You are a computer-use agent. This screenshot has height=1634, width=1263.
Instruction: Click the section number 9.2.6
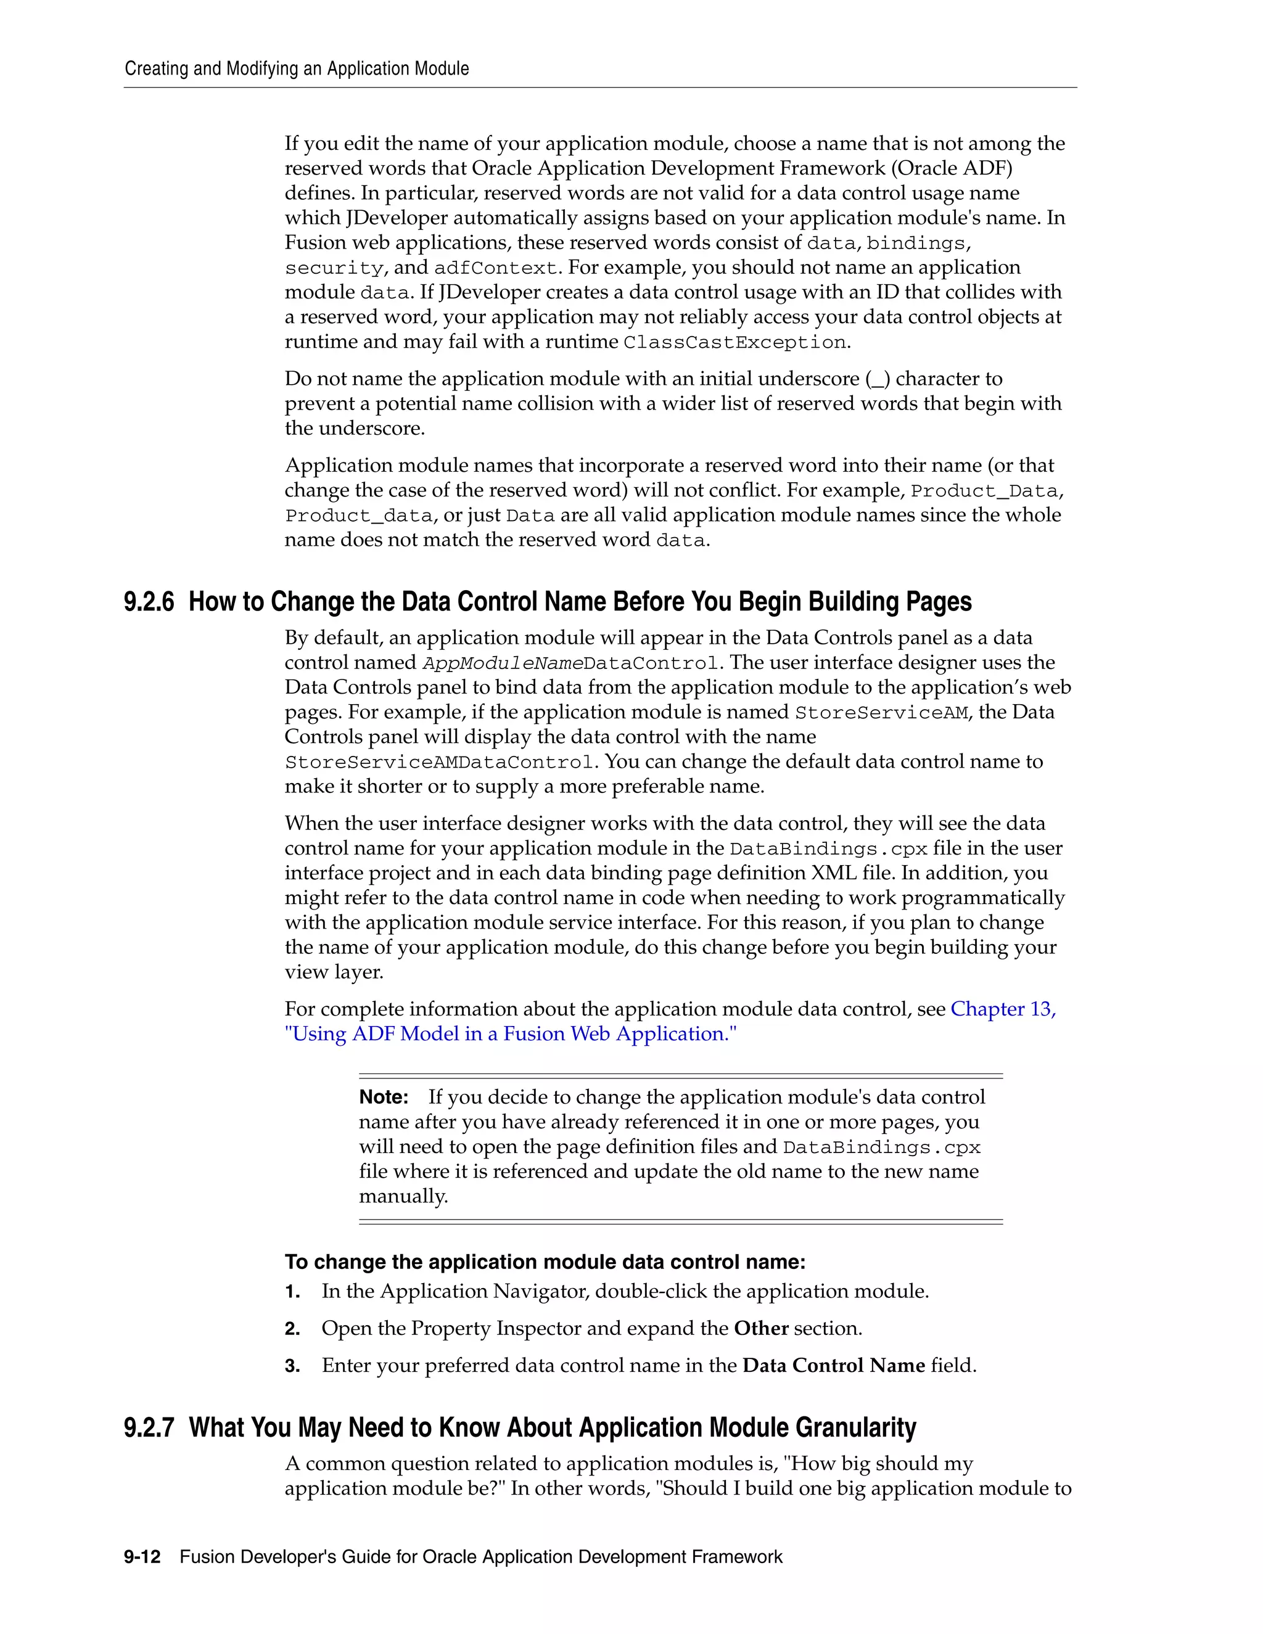coord(148,602)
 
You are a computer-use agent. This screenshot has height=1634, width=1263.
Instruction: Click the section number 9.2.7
coord(148,1427)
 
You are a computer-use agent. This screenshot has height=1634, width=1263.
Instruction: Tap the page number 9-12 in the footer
coord(142,1557)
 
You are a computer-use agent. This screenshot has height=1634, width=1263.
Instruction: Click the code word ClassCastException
coord(734,343)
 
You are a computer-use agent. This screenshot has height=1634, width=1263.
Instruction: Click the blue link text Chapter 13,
coord(1003,1009)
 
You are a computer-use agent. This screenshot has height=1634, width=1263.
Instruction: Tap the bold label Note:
coord(383,1098)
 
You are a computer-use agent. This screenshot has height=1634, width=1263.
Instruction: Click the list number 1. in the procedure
coord(292,1292)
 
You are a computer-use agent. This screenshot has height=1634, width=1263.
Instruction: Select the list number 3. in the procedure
coord(292,1366)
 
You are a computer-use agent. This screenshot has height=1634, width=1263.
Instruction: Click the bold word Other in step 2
coord(761,1329)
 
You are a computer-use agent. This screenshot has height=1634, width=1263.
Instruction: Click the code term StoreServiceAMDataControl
coord(439,762)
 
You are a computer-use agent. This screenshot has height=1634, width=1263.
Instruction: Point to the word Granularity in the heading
coord(855,1427)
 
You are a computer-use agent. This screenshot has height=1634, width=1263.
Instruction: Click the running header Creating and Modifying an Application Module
coord(296,69)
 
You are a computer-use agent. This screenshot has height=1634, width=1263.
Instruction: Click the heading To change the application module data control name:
coord(545,1262)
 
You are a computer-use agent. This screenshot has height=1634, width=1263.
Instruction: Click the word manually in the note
coord(403,1196)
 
